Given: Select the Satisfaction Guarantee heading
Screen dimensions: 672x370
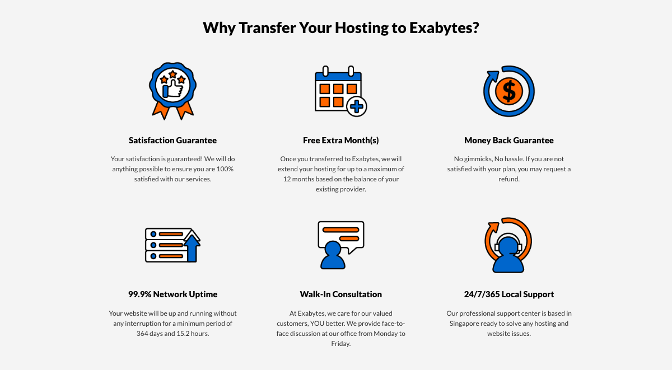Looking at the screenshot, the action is [172, 140].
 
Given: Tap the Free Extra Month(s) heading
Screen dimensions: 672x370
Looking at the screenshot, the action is [340, 140].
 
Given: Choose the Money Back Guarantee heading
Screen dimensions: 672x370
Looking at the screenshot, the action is [508, 140].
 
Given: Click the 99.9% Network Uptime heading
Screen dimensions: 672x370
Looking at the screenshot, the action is [172, 294].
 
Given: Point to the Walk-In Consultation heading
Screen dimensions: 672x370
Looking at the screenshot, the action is [340, 294].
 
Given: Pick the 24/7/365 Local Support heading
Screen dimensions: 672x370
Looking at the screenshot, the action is [508, 294].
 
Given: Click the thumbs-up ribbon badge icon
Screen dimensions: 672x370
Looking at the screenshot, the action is [172, 90].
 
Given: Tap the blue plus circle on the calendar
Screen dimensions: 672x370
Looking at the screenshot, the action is [357, 106].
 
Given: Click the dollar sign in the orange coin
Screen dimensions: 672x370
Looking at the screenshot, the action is [508, 91].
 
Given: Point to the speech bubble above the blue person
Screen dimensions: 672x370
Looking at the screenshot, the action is [340, 234].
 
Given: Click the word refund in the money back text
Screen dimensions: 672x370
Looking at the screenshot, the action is [508, 179].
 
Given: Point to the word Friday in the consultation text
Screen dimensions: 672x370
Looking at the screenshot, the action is [340, 344].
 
